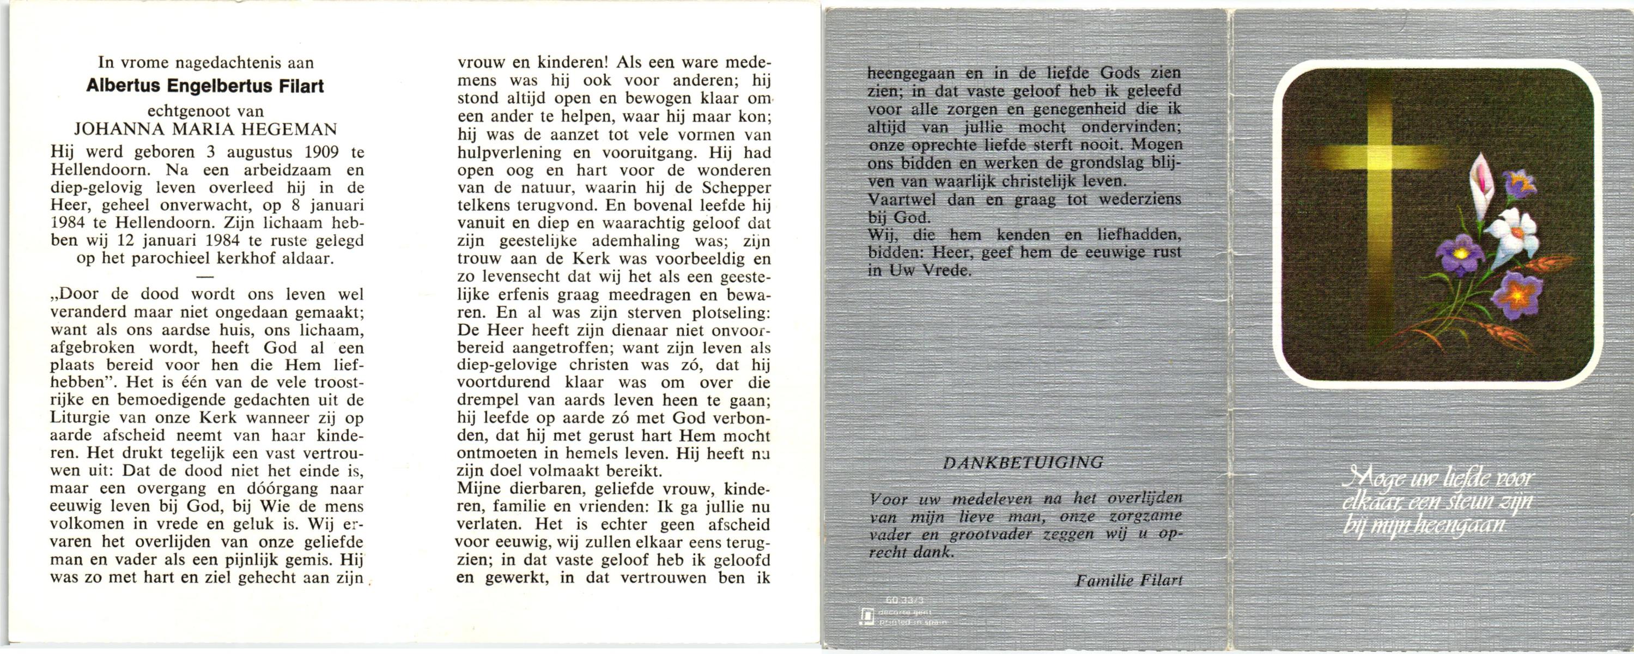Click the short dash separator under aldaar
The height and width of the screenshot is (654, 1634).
tap(206, 277)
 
